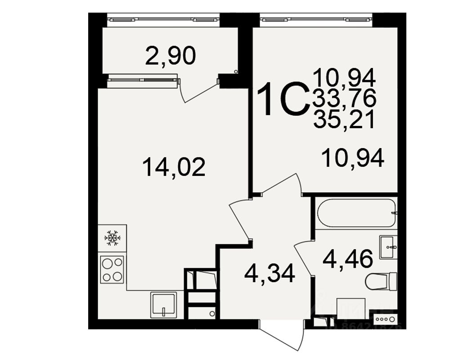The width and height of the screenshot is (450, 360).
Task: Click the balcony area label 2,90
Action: tap(171, 56)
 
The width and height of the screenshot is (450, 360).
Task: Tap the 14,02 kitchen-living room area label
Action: tap(174, 167)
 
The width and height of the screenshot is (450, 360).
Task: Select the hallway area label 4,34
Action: tap(270, 273)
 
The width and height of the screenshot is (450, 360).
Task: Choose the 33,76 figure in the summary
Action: tap(344, 99)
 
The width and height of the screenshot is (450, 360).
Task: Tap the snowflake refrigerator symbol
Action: tap(112, 238)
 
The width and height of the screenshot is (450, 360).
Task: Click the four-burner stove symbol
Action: tap(112, 269)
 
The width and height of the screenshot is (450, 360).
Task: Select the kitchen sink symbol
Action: tap(163, 304)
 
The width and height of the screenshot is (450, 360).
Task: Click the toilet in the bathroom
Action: tap(380, 282)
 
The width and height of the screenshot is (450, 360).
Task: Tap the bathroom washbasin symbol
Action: tap(388, 247)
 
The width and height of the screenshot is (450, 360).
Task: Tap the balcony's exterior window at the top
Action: tap(163, 19)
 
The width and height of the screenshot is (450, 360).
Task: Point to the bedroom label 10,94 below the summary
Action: tap(353, 158)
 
